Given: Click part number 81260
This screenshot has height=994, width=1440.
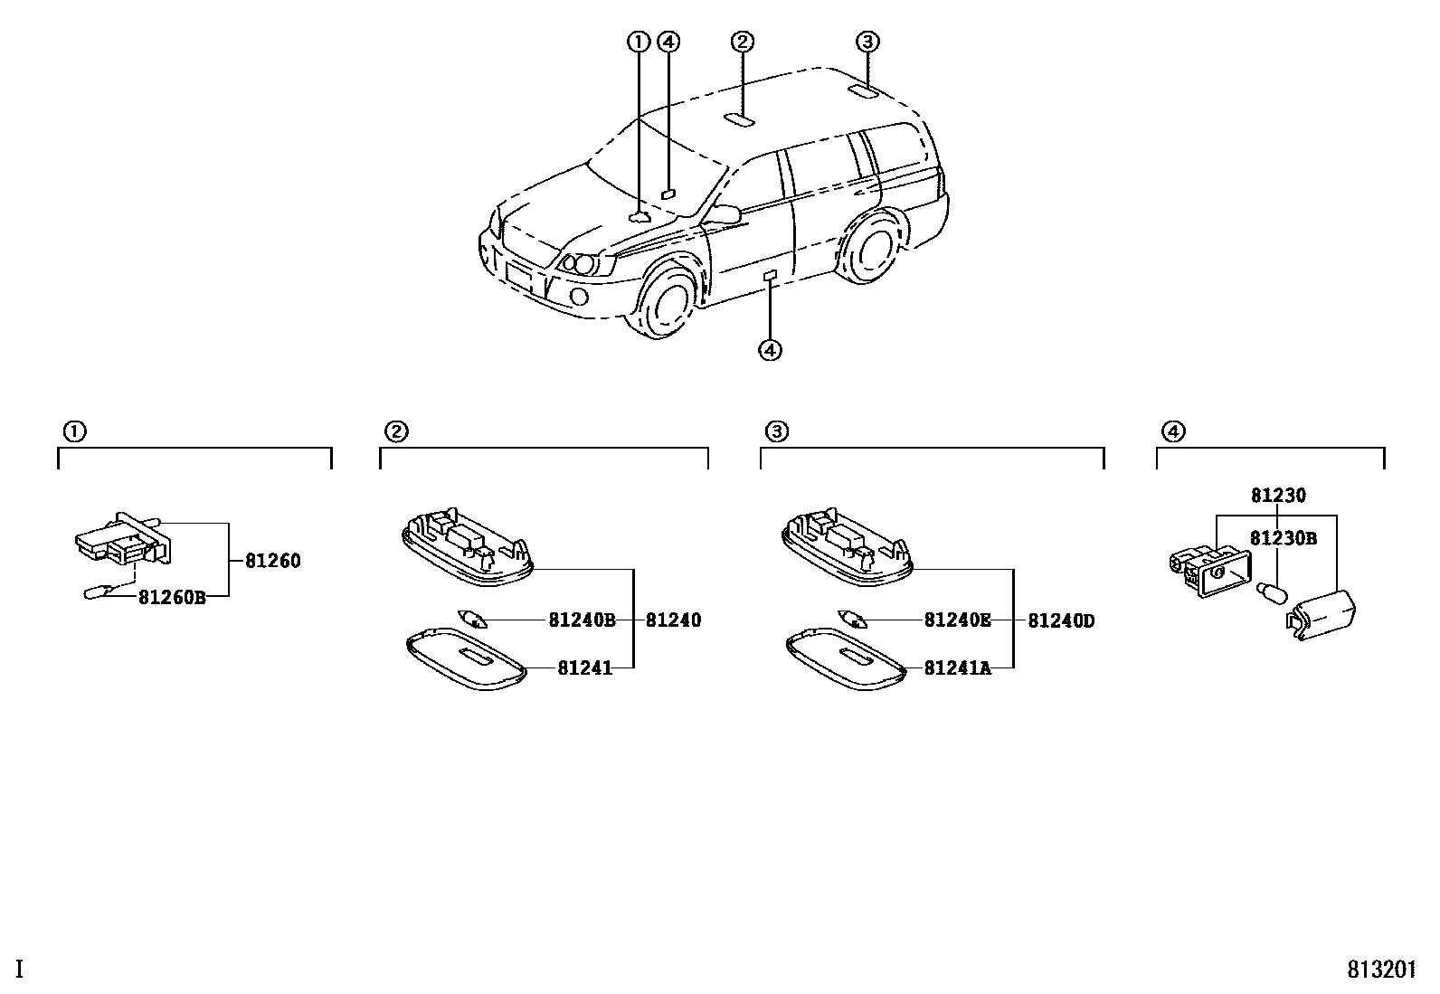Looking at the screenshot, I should pyautogui.click(x=272, y=561).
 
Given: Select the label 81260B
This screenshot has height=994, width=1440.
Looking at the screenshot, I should pyautogui.click(x=172, y=597).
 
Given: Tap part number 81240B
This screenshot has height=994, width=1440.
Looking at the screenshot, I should pyautogui.click(x=582, y=620).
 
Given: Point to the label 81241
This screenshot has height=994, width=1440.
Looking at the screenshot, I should pyautogui.click(x=584, y=667).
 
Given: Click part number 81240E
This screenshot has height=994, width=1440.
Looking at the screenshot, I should pyautogui.click(x=958, y=620).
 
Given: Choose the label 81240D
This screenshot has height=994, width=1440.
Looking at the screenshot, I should pyautogui.click(x=1061, y=620).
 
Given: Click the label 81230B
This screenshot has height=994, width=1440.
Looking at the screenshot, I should pyautogui.click(x=1283, y=539).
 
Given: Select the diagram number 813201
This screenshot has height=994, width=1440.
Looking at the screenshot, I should pyautogui.click(x=1381, y=970).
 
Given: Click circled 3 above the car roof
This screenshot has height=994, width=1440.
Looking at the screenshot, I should pyautogui.click(x=867, y=41).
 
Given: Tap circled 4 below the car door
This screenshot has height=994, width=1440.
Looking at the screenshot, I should pyautogui.click(x=770, y=349).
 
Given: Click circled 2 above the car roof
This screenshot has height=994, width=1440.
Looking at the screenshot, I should pyautogui.click(x=742, y=41).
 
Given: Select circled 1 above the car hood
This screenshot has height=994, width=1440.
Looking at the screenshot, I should pyautogui.click(x=639, y=41).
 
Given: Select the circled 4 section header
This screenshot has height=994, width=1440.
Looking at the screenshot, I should pyautogui.click(x=1171, y=431).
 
